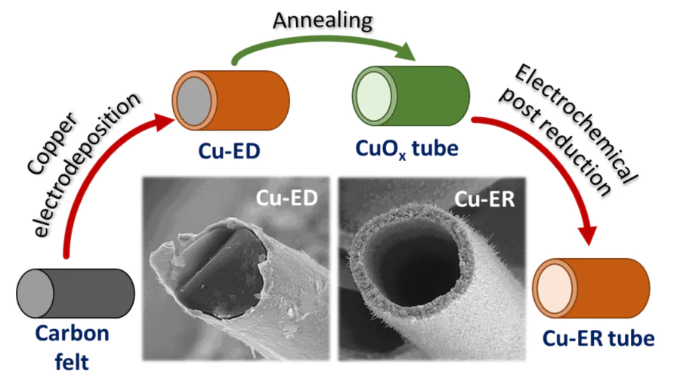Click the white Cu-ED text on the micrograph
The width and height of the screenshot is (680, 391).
(x=284, y=197)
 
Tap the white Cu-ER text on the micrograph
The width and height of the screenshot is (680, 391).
(x=483, y=199)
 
